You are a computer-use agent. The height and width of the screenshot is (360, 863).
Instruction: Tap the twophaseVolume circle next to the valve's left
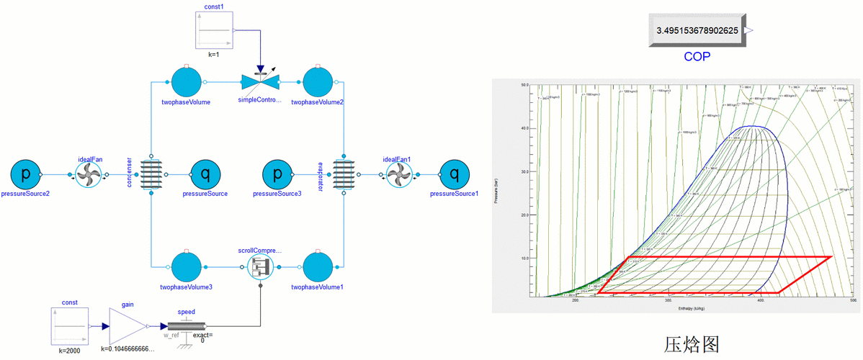[187, 82]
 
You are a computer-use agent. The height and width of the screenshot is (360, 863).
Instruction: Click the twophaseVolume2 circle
[317, 82]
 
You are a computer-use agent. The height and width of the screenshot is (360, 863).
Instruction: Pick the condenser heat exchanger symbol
[151, 174]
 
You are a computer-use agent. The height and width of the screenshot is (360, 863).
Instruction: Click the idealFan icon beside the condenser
[91, 174]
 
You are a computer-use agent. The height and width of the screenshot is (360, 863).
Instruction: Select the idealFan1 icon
[398, 174]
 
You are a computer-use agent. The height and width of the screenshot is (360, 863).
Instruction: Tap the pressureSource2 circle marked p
[25, 174]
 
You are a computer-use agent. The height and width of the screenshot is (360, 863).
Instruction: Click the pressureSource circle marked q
[205, 174]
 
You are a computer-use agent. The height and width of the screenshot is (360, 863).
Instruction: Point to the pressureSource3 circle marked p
[277, 174]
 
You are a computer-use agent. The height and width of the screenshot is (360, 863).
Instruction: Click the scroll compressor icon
[260, 267]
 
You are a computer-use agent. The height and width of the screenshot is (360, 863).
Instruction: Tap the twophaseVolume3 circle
[187, 267]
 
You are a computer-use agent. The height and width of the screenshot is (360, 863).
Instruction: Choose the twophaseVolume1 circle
[317, 267]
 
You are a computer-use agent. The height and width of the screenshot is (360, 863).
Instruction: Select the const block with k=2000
[70, 325]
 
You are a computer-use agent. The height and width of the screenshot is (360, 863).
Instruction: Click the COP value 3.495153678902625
[696, 31]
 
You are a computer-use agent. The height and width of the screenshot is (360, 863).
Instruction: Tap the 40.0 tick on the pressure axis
[524, 128]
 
